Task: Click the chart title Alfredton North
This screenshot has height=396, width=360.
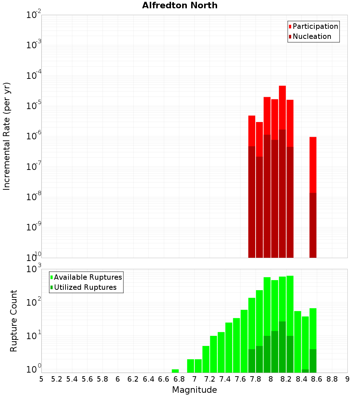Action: (180, 5)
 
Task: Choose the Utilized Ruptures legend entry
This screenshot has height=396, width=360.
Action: (85, 287)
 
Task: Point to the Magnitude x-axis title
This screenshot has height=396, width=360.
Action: (194, 390)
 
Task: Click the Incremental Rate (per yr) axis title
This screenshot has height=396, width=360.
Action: (7, 136)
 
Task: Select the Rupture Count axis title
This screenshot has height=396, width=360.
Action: (14, 321)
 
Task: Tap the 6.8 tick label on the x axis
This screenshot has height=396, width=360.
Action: (179, 379)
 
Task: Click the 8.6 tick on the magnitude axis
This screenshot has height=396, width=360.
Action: (317, 379)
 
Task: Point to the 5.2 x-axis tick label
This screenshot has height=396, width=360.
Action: (57, 379)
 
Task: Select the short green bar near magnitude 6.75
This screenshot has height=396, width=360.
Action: (175, 371)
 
